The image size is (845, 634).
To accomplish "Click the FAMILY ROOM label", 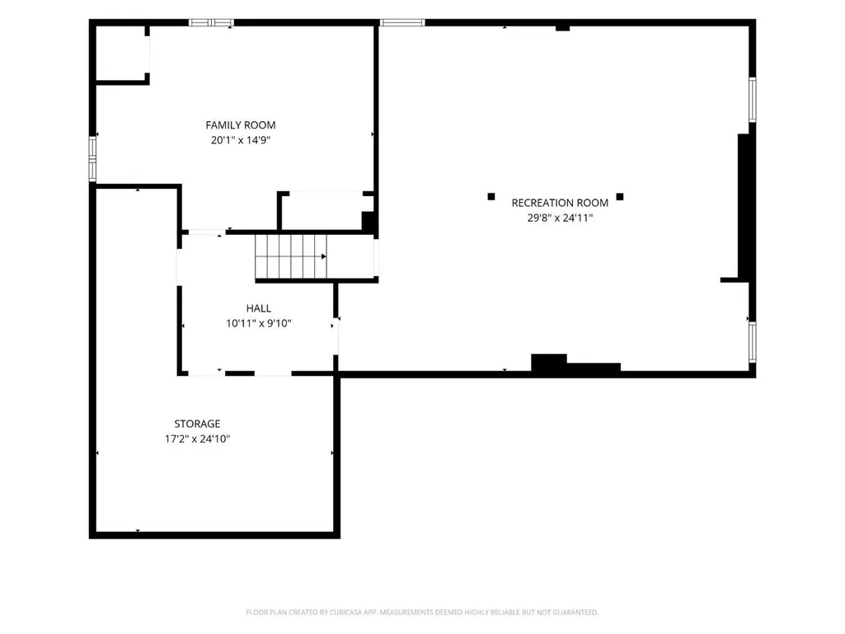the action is [x=241, y=125].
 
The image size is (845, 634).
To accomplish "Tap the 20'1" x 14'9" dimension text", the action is [x=241, y=140].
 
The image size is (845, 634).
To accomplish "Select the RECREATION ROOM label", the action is [x=560, y=203].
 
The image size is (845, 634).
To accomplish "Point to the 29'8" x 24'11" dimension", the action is [x=560, y=218].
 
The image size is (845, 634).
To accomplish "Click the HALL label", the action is [x=259, y=308].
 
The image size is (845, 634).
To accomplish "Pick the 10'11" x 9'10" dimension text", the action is [x=259, y=323].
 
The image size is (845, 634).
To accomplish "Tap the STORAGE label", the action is [x=197, y=424].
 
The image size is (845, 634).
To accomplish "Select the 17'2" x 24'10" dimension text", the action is [x=197, y=439].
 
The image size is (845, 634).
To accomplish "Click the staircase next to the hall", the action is [x=291, y=256].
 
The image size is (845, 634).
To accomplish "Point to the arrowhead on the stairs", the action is [x=323, y=256].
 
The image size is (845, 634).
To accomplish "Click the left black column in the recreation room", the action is [x=491, y=197].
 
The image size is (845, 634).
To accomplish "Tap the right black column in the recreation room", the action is [x=620, y=197].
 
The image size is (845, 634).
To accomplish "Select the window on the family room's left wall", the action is [x=92, y=158].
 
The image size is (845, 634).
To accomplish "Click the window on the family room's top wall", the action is [x=211, y=22].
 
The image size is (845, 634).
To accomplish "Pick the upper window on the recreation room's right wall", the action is [x=753, y=100].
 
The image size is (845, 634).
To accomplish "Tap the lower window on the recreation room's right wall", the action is [x=753, y=342].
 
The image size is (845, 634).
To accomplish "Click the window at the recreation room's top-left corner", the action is [x=402, y=22].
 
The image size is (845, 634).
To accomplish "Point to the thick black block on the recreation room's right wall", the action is [x=744, y=206].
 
